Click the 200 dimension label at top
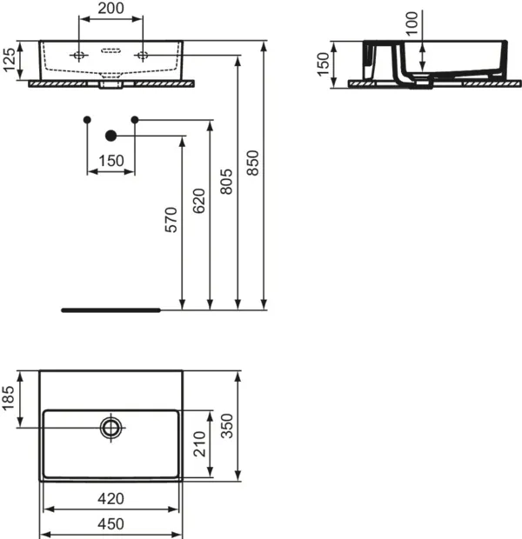click(110, 8)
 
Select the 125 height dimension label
click(10, 60)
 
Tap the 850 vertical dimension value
click(252, 163)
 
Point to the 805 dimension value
click(226, 182)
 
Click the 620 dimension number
click(199, 201)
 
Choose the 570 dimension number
click(171, 220)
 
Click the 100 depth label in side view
click(412, 23)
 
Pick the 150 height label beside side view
click(323, 64)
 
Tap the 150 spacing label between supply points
click(110, 161)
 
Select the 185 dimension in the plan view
click(8, 398)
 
